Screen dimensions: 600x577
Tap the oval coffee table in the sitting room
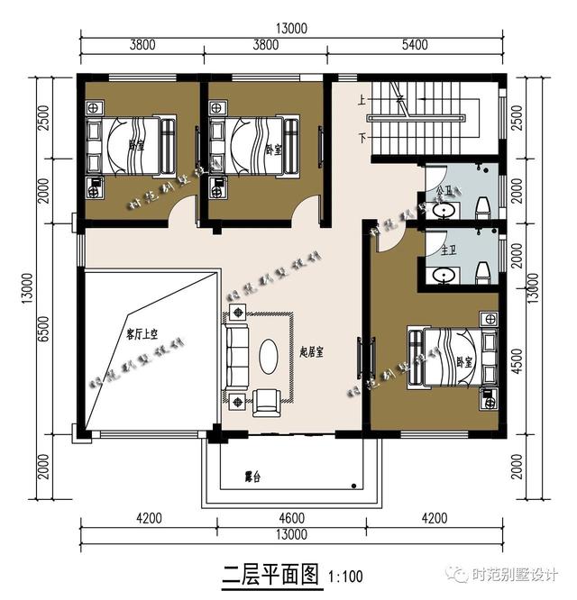click(x=269, y=355)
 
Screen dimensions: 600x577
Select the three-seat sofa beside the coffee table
click(x=238, y=355)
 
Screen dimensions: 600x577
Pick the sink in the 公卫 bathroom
click(x=443, y=211)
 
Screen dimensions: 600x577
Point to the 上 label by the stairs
click(x=362, y=99)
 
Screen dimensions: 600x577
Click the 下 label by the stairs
click(x=362, y=138)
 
